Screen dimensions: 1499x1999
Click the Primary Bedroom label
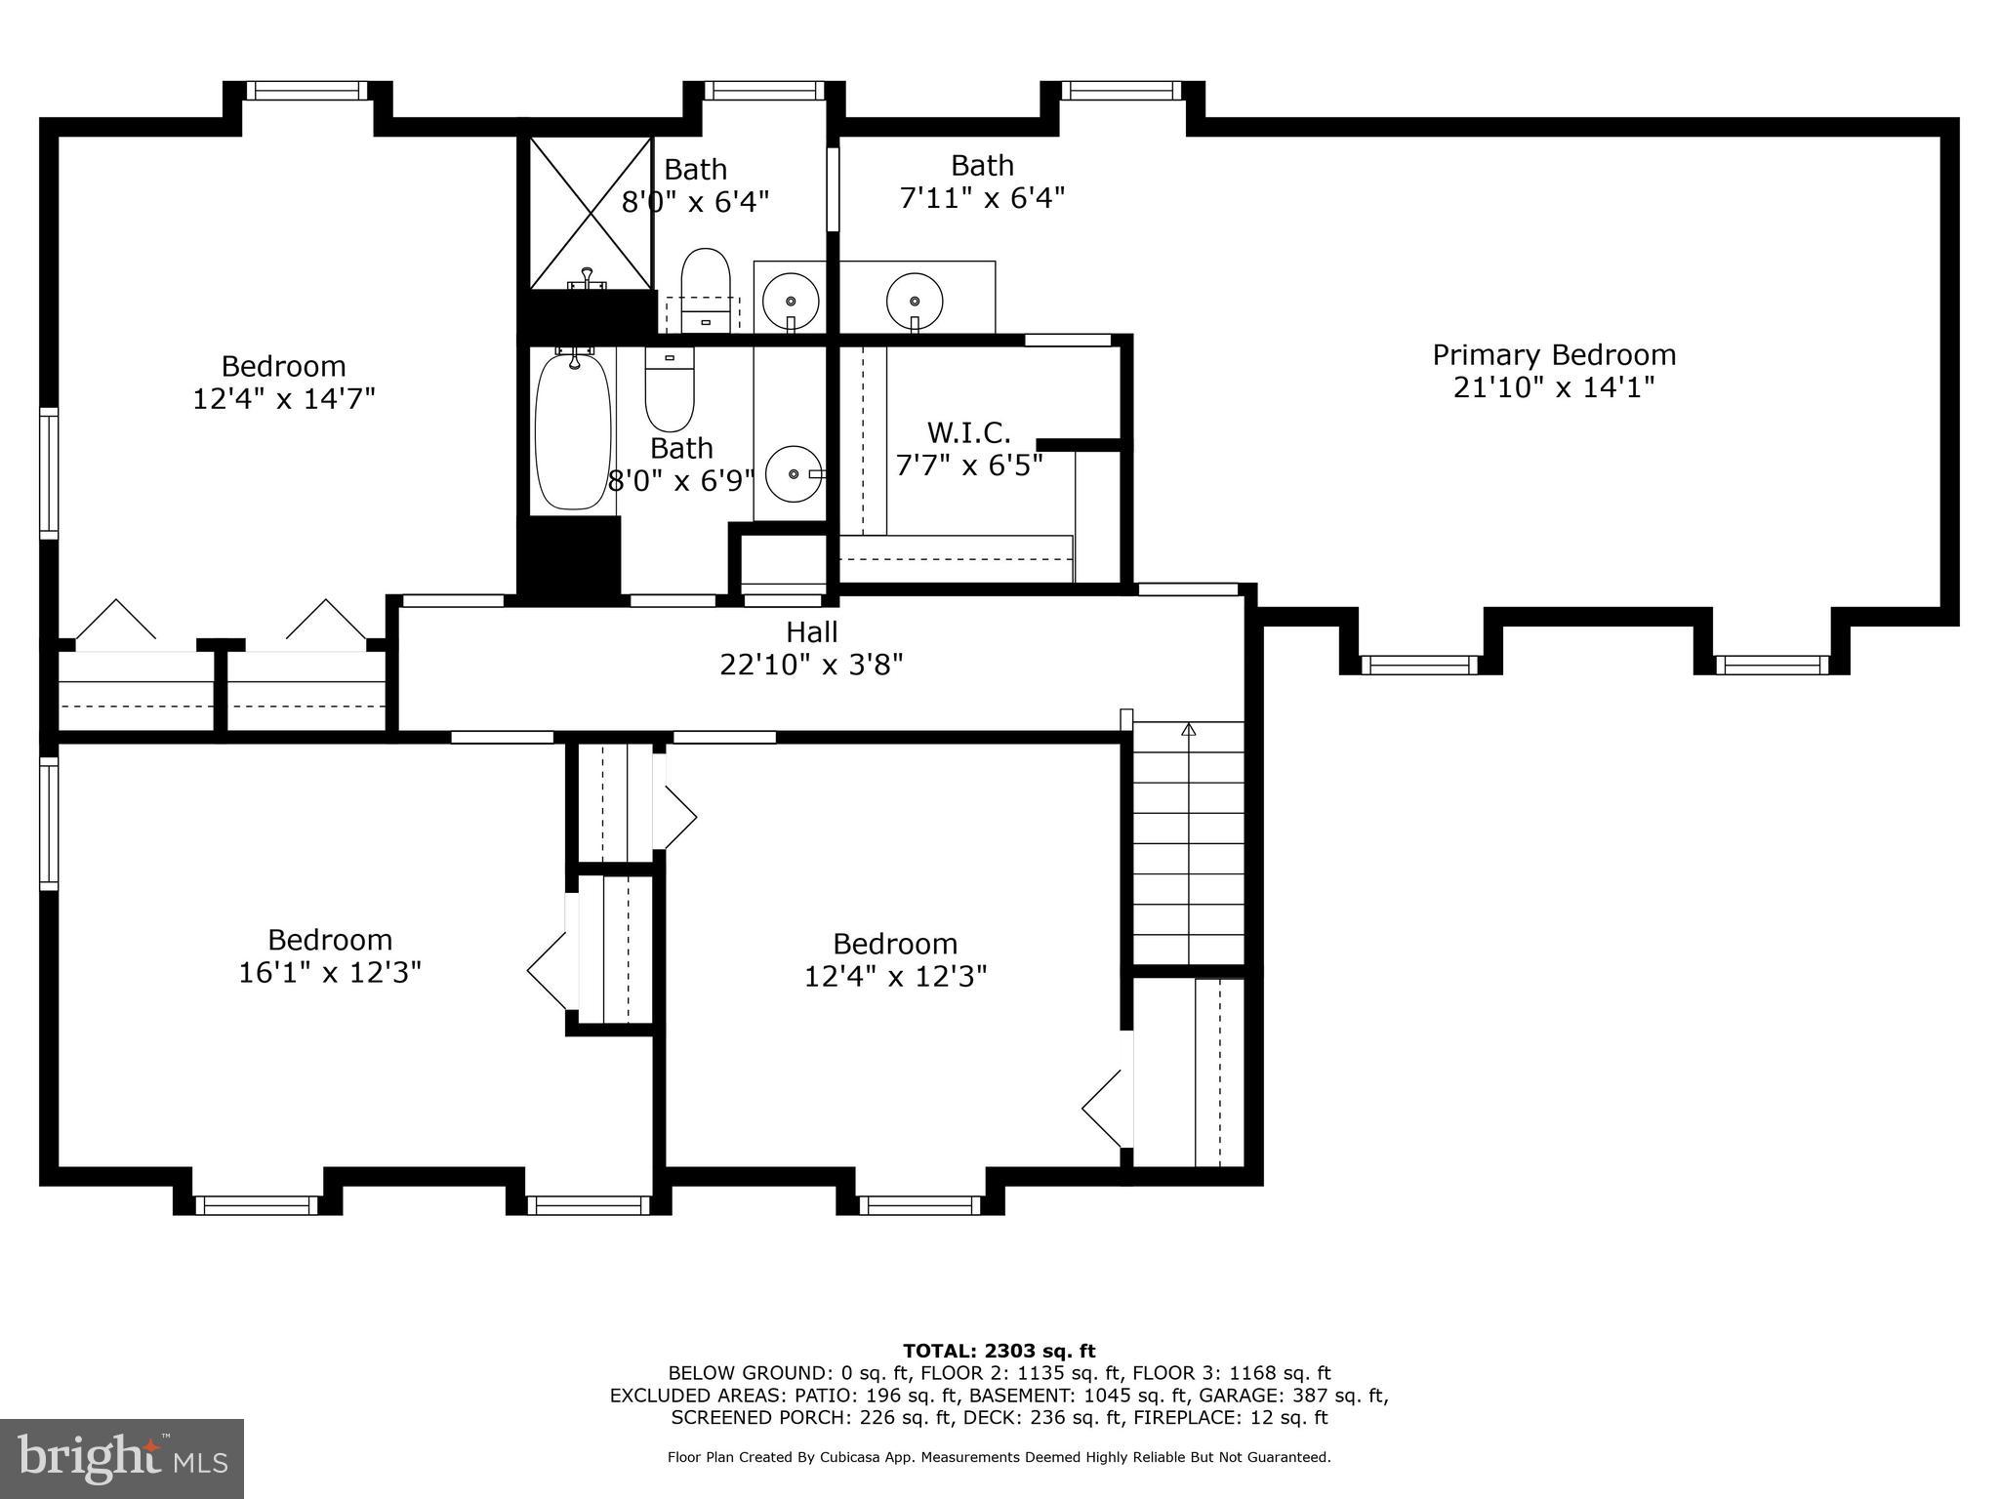point(1553,355)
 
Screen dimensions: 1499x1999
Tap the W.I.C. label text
point(968,432)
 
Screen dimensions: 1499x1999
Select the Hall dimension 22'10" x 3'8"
point(811,666)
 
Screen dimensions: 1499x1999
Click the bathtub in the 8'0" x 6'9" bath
point(573,432)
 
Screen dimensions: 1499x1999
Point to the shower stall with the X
point(591,212)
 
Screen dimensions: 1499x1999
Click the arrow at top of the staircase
point(1188,729)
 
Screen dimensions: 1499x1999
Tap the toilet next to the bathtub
point(670,390)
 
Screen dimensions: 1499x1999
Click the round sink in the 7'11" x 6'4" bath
point(915,294)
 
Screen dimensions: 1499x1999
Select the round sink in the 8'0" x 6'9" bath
point(793,473)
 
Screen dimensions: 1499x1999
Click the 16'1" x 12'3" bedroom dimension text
point(330,973)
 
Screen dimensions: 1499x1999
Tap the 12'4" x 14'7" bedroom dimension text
point(283,399)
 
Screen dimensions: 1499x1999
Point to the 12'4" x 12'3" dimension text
point(895,977)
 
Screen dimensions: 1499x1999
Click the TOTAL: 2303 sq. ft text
point(999,1351)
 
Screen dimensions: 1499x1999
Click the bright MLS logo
point(122,1458)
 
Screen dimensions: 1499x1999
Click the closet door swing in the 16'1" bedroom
point(548,970)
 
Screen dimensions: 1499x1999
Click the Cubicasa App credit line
point(999,1457)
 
